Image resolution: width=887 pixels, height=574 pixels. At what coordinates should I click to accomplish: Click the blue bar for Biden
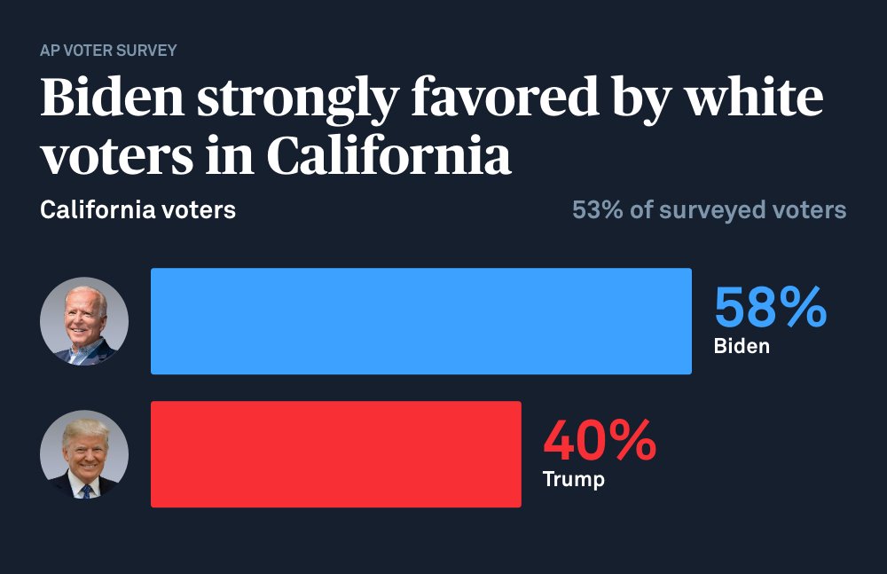(x=421, y=321)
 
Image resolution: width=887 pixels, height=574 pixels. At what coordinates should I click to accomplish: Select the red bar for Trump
(x=336, y=454)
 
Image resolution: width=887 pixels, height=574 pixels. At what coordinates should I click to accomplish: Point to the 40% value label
(x=600, y=441)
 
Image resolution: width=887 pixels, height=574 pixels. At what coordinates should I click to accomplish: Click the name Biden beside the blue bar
(x=742, y=346)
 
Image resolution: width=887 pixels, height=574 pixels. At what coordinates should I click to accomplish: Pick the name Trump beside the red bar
(x=573, y=480)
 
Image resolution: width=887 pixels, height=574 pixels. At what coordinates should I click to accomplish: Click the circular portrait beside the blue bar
(x=84, y=321)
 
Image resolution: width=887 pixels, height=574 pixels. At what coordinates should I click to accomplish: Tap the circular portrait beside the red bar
(x=84, y=454)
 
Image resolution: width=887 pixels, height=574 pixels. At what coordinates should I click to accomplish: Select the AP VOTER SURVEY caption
(x=108, y=51)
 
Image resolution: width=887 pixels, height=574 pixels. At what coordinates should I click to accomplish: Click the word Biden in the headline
(x=111, y=99)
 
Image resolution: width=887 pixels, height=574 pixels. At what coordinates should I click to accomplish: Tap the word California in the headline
(x=389, y=156)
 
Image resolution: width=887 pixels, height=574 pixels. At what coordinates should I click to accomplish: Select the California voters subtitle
(x=137, y=211)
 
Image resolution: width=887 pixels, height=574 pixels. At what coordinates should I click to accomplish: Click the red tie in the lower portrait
(x=85, y=489)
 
